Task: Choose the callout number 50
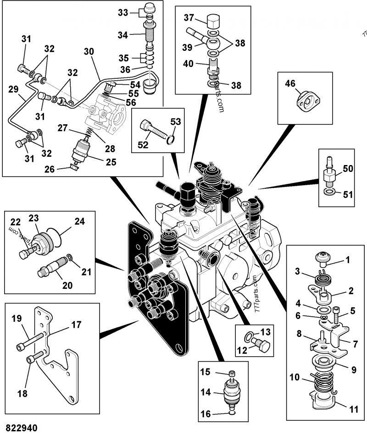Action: pos(348,168)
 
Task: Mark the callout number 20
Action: pos(67,285)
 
